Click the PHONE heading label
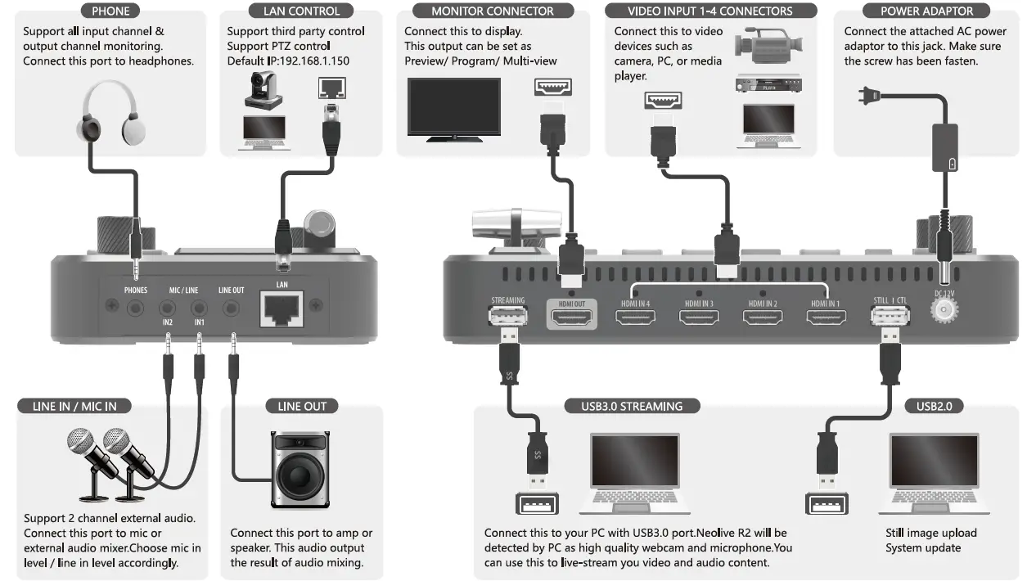110,11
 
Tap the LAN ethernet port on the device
283,310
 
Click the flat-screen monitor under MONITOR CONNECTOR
453,109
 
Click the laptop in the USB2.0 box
933,479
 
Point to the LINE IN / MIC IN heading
74,406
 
